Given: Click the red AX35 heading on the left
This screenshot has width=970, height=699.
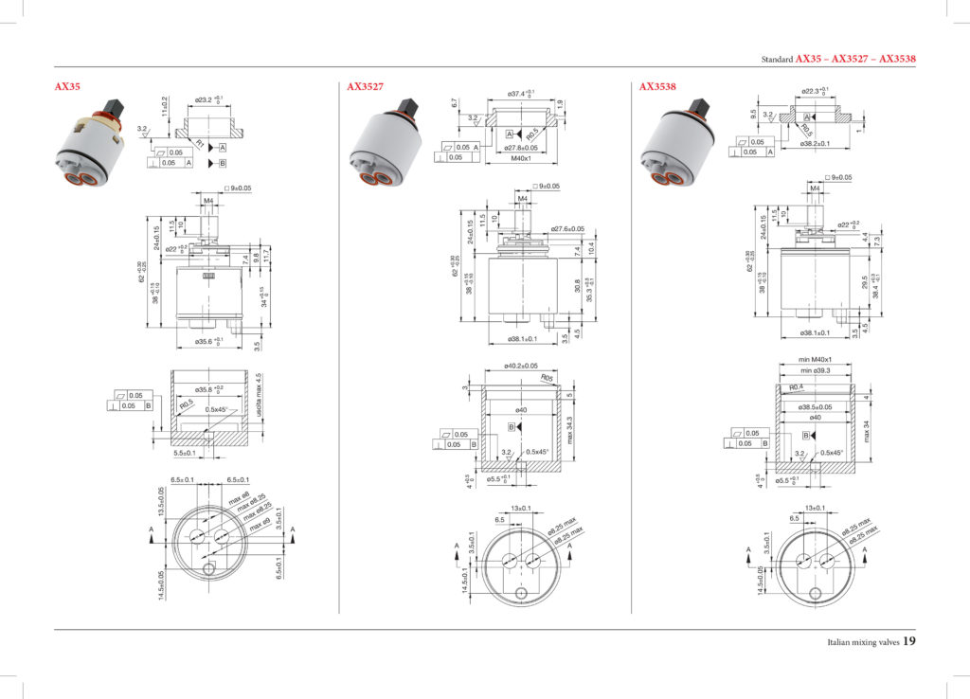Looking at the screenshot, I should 67,86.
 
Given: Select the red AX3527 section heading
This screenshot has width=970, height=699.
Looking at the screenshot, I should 365,86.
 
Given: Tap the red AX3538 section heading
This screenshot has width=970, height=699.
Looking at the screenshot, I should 657,86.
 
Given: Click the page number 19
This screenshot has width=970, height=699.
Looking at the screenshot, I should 908,641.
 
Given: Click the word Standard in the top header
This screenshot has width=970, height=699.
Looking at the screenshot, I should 778,59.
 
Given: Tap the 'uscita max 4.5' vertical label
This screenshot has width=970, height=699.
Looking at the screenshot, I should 258,398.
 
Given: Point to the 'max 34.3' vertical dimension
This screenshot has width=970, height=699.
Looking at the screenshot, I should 570,431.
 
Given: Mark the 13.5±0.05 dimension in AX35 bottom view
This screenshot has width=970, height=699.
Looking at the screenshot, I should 161,502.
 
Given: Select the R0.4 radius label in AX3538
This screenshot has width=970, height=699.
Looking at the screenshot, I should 797,388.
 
